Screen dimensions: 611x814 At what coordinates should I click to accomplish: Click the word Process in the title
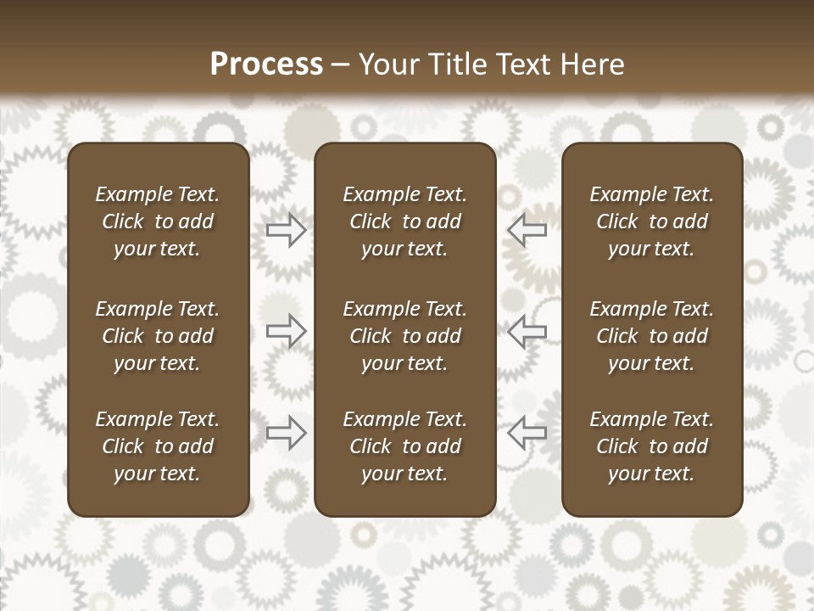coord(266,64)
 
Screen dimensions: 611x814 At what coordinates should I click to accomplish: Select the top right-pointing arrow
coord(286,229)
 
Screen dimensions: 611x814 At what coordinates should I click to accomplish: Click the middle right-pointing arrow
coord(286,330)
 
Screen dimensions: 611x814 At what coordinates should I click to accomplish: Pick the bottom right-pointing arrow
coord(286,433)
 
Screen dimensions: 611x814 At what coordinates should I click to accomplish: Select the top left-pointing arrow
coord(527,229)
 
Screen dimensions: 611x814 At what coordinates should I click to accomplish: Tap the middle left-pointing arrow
coord(527,330)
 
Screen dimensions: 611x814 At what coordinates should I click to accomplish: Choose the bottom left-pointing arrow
coord(527,433)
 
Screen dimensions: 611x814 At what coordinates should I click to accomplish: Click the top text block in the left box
coord(158,221)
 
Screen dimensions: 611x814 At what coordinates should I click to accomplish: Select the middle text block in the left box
coord(158,336)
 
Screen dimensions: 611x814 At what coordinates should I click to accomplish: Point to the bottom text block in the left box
coord(158,446)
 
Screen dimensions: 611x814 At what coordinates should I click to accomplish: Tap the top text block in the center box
coord(404,221)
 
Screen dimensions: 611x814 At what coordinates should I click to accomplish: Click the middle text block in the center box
coord(404,336)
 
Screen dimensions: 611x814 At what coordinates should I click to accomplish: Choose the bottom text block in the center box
coord(404,446)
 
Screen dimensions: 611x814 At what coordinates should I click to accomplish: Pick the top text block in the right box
coord(651,221)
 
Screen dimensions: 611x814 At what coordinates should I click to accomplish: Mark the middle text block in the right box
coord(651,336)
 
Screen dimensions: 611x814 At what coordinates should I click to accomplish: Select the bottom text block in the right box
coord(651,446)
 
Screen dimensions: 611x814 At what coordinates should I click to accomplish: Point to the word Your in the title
coord(388,64)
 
